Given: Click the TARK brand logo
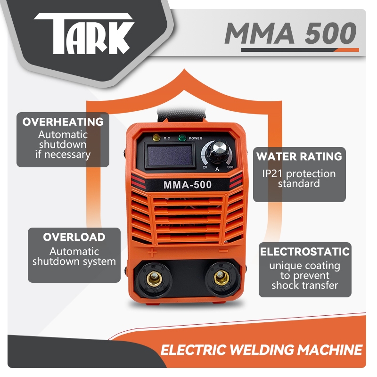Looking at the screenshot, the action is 84,36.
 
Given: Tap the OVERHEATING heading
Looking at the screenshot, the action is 63,122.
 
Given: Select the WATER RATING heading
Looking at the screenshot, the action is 299,156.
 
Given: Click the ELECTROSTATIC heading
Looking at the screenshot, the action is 304,252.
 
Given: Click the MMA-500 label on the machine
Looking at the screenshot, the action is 187,185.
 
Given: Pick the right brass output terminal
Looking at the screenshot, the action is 219,279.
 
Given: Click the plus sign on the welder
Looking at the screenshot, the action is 152,252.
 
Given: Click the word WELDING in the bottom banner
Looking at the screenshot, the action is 256,350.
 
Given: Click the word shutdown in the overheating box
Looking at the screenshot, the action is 63,145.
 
